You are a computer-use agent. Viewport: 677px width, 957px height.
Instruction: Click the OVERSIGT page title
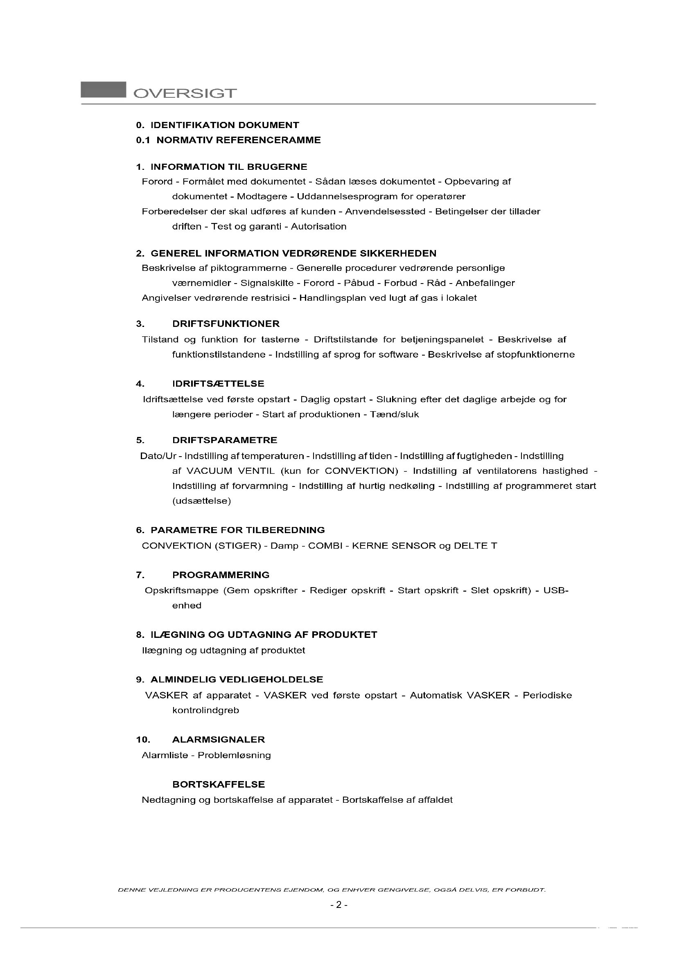click(x=185, y=93)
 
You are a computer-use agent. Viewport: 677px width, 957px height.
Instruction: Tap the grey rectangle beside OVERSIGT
click(x=104, y=90)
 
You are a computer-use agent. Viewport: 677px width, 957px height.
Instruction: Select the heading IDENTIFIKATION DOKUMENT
click(x=225, y=125)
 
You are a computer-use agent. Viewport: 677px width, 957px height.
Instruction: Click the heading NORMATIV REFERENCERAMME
click(x=239, y=140)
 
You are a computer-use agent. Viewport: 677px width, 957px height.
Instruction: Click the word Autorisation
click(x=318, y=226)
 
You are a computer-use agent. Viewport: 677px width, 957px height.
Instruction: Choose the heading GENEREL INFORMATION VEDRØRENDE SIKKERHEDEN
click(x=293, y=253)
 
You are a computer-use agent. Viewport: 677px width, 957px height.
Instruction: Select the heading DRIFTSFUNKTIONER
click(x=226, y=324)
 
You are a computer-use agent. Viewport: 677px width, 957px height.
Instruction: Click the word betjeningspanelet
click(x=442, y=340)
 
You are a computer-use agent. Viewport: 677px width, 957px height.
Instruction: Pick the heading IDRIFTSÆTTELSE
click(x=219, y=383)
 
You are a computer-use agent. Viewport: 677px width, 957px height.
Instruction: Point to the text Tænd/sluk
click(x=394, y=414)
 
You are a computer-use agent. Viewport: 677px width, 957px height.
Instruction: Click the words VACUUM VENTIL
click(x=230, y=471)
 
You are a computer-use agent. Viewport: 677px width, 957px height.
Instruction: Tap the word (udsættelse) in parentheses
click(x=201, y=501)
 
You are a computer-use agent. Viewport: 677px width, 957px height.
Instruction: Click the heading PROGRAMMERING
click(x=221, y=575)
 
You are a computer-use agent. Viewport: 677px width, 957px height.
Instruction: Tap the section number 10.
click(x=143, y=740)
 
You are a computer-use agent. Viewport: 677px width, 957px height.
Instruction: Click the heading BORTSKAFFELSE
click(x=219, y=784)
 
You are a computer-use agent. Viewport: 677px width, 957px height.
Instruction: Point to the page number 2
click(x=339, y=905)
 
